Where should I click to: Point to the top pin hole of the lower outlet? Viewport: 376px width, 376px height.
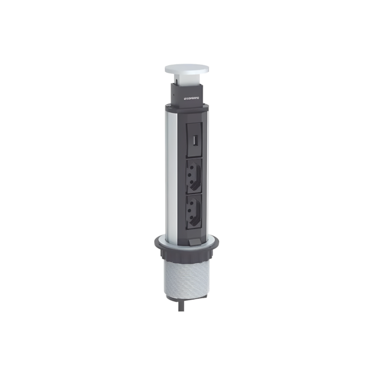tap(194, 205)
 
